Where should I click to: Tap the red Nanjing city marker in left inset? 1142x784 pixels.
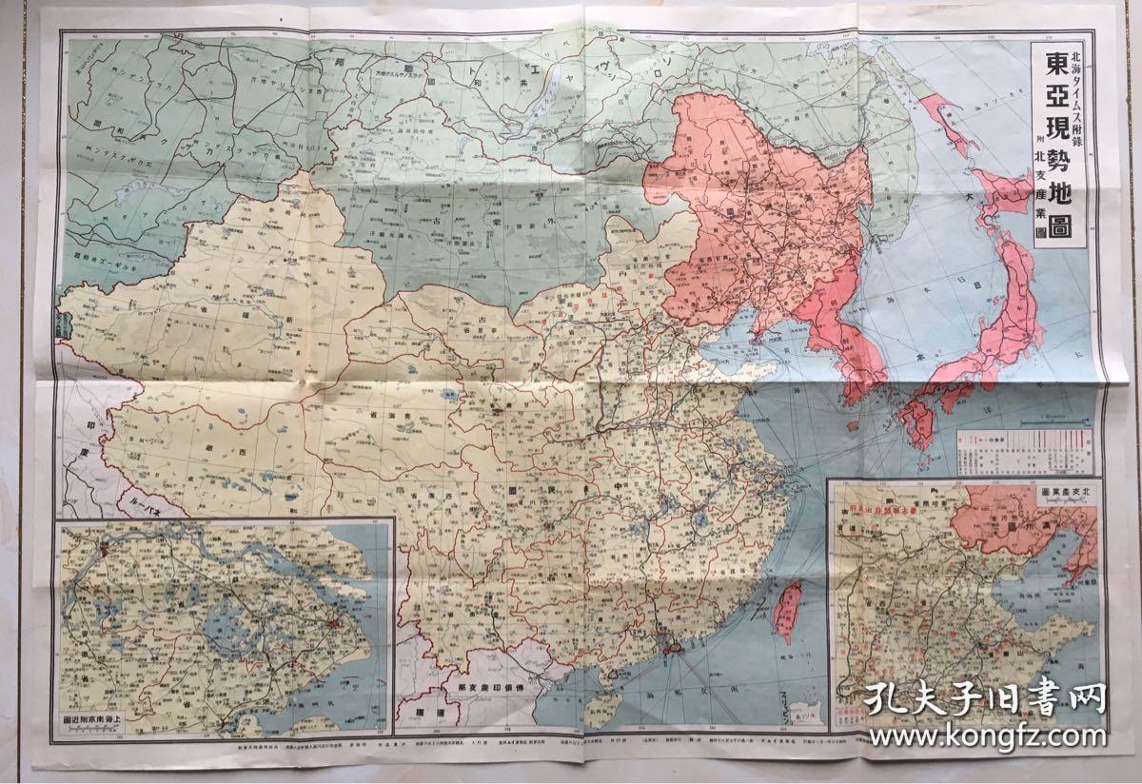102,549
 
